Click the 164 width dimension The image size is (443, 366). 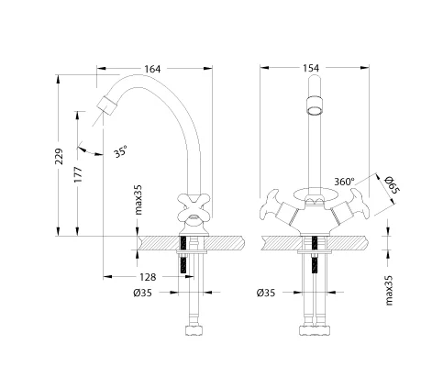[x=152, y=69]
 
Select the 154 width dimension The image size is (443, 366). [x=311, y=68]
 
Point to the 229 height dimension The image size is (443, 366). [x=59, y=157]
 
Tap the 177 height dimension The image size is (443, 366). [x=78, y=174]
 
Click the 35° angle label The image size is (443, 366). [x=121, y=151]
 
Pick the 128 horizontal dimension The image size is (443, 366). [x=148, y=277]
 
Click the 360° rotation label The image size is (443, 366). [x=344, y=182]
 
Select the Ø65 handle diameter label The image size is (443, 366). [x=392, y=184]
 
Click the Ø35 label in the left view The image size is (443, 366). [x=142, y=293]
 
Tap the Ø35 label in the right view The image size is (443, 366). [x=266, y=293]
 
